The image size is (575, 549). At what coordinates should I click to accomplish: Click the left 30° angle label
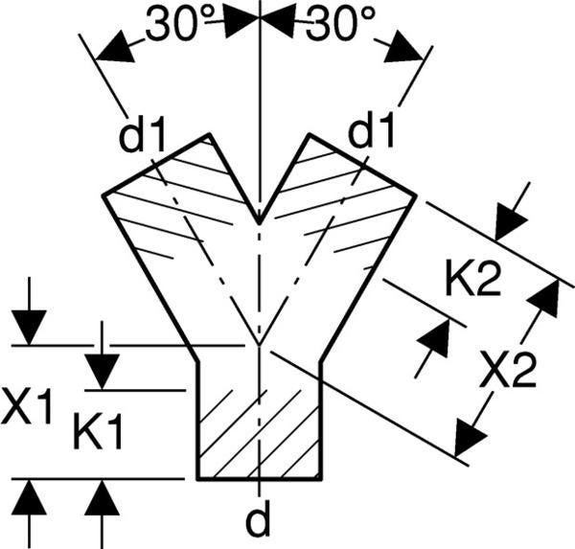[x=180, y=22]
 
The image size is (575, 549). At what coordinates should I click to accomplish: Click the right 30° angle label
[x=341, y=23]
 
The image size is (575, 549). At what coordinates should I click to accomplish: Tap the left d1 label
[x=142, y=135]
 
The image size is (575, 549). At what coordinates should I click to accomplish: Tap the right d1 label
[x=371, y=129]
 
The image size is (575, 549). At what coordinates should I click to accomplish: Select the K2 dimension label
[x=472, y=277]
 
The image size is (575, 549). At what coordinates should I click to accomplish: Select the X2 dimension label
[x=509, y=368]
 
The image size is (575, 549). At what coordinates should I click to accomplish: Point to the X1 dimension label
[x=26, y=406]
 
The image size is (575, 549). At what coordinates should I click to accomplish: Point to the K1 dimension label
[x=97, y=431]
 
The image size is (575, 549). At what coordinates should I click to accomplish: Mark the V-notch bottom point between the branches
[x=260, y=223]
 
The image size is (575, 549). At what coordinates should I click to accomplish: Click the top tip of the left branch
[x=209, y=134]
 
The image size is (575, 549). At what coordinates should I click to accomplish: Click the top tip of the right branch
[x=310, y=134]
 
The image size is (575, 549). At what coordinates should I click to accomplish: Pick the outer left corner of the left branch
[x=103, y=195]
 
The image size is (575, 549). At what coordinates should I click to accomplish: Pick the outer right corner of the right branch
[x=416, y=195]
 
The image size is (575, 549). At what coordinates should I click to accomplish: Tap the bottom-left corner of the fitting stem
[x=197, y=479]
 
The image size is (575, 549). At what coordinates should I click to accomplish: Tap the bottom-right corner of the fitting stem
[x=322, y=479]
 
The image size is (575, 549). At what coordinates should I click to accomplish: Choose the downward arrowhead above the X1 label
[x=29, y=327]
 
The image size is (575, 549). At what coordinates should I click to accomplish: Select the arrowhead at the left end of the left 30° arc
[x=114, y=49]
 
